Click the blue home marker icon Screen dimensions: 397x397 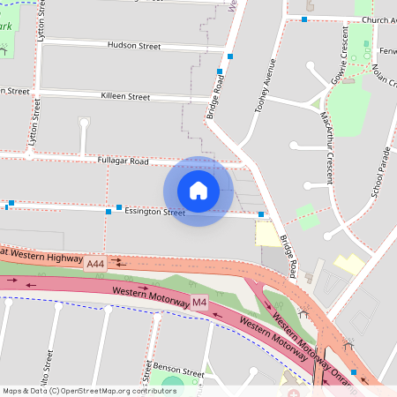(198, 190)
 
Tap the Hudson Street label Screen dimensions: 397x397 (134, 45)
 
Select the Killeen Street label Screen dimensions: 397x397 (125, 96)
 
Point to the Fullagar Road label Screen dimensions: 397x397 (124, 161)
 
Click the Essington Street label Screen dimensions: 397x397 (154, 212)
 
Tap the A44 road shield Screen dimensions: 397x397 (95, 263)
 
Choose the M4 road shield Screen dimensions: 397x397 (199, 303)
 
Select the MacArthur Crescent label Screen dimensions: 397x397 (328, 146)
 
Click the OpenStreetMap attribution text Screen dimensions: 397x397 (88, 391)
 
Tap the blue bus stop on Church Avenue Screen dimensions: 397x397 (304, 19)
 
